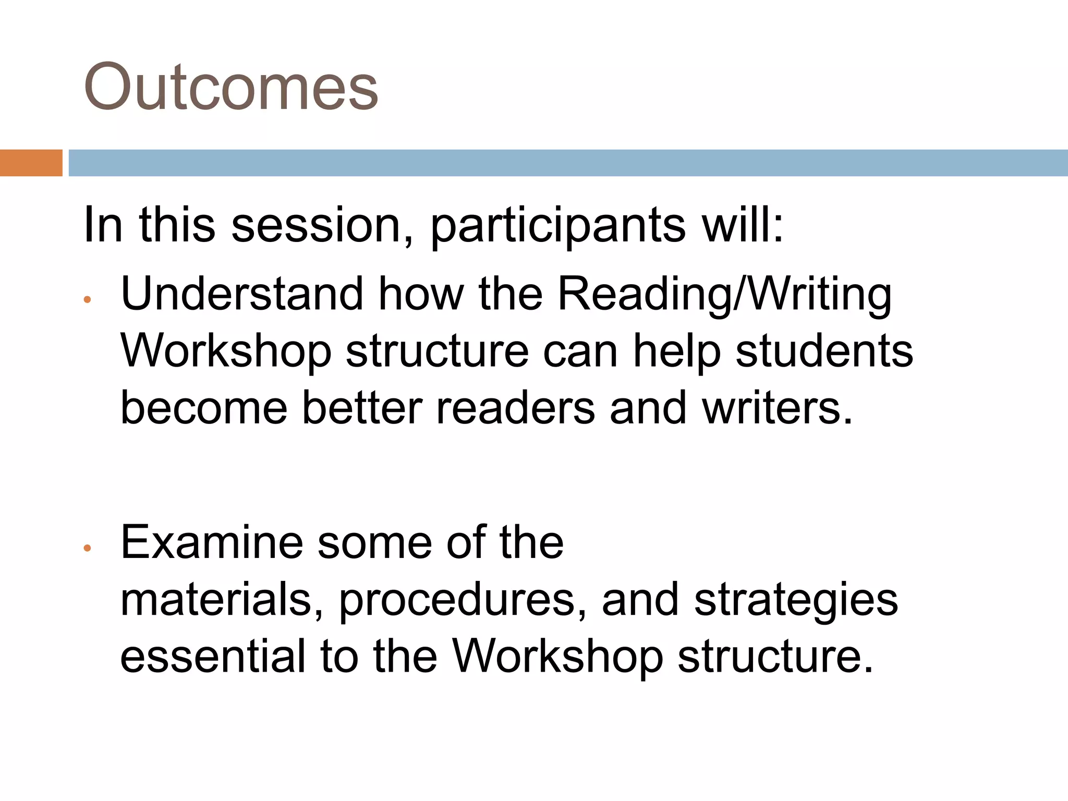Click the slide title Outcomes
(230, 87)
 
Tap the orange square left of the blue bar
(31, 163)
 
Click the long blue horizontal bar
(568, 163)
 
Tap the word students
(824, 351)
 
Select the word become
(204, 407)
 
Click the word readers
(516, 407)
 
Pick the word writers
(776, 407)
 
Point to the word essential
(213, 656)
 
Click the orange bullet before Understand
(88, 299)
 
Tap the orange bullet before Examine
(88, 548)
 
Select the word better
(361, 407)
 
